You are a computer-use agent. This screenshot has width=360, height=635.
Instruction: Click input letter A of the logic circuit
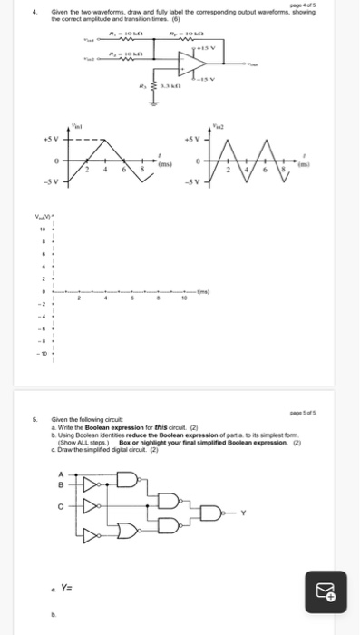[61, 473]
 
